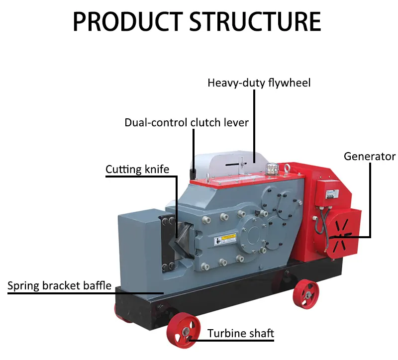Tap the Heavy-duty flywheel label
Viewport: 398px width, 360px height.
259,83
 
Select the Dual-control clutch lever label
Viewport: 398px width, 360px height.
187,122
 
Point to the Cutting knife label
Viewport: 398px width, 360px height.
137,170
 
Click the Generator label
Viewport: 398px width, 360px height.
370,157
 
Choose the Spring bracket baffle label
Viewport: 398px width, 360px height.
59,286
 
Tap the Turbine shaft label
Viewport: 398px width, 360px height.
241,333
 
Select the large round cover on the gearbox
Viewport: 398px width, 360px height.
253,234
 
